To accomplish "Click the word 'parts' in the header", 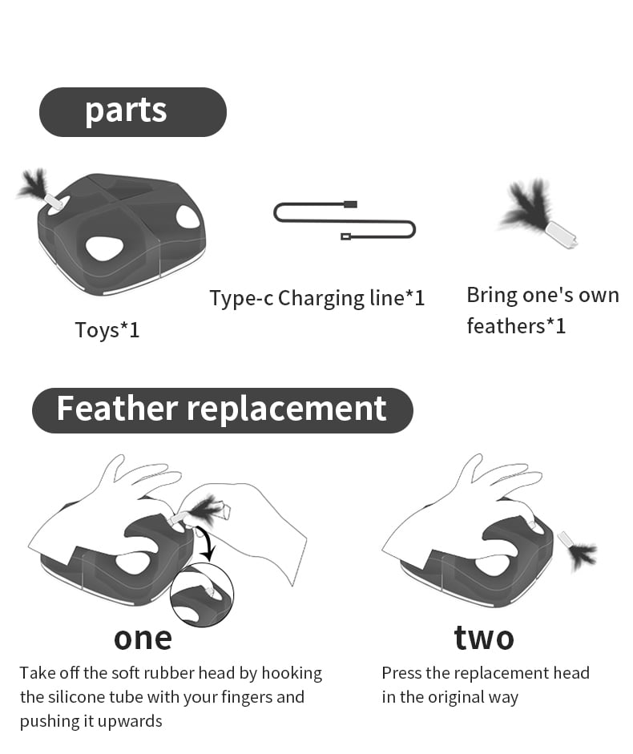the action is (x=126, y=111).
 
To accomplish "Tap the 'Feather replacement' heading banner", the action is (x=222, y=410).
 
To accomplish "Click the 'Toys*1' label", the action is (x=107, y=330).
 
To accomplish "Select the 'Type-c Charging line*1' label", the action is (x=317, y=298).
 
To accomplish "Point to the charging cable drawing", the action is (x=344, y=220).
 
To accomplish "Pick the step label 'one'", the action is (x=143, y=639).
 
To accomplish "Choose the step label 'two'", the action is (x=484, y=638).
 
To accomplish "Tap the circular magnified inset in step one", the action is (x=202, y=595).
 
